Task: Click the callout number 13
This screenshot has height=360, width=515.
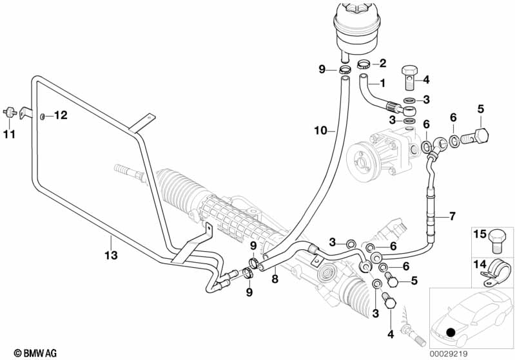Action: [x=111, y=255]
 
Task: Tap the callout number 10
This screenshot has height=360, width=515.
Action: [x=320, y=131]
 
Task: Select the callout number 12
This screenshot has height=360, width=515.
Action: [x=61, y=115]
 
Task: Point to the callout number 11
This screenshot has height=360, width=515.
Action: [x=9, y=134]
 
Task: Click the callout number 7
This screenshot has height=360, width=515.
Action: [x=452, y=216]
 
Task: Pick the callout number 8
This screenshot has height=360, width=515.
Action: [x=275, y=279]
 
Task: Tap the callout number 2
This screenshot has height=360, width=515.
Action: [x=383, y=63]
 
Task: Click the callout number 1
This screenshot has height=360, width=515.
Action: [x=382, y=83]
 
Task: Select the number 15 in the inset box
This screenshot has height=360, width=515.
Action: [x=480, y=234]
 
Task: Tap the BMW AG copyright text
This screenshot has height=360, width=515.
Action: [x=35, y=353]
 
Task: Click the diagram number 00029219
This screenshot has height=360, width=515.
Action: [x=449, y=354]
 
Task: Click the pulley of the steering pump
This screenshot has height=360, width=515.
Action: [x=361, y=160]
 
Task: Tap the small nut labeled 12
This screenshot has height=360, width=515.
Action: [x=43, y=116]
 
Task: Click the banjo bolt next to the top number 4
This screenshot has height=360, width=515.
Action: [x=409, y=78]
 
